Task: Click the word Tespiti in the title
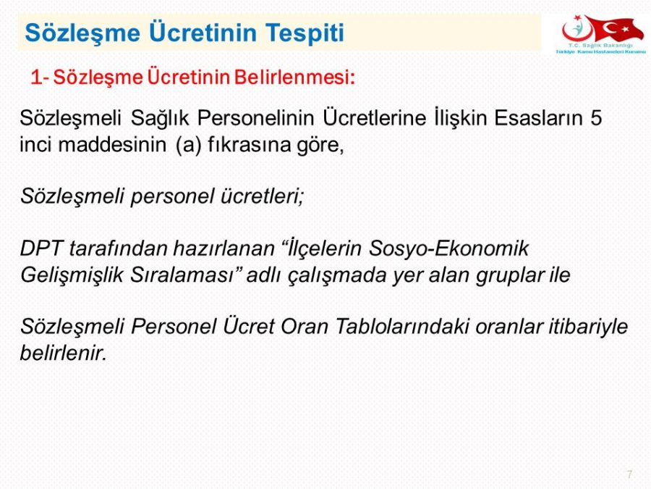[305, 33]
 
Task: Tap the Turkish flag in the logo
[610, 28]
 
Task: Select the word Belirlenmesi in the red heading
[294, 77]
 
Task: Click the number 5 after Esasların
[596, 117]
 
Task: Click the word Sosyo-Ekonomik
[448, 248]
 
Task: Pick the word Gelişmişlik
[72, 275]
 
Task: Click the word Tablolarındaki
[401, 327]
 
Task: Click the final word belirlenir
[64, 353]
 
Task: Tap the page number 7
[629, 474]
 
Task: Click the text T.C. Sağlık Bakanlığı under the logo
[601, 45]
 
